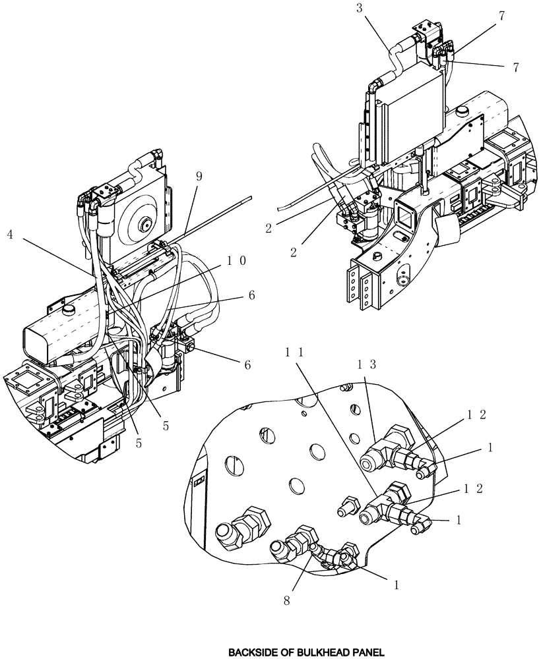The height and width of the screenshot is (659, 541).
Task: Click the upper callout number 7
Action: click(x=502, y=16)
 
